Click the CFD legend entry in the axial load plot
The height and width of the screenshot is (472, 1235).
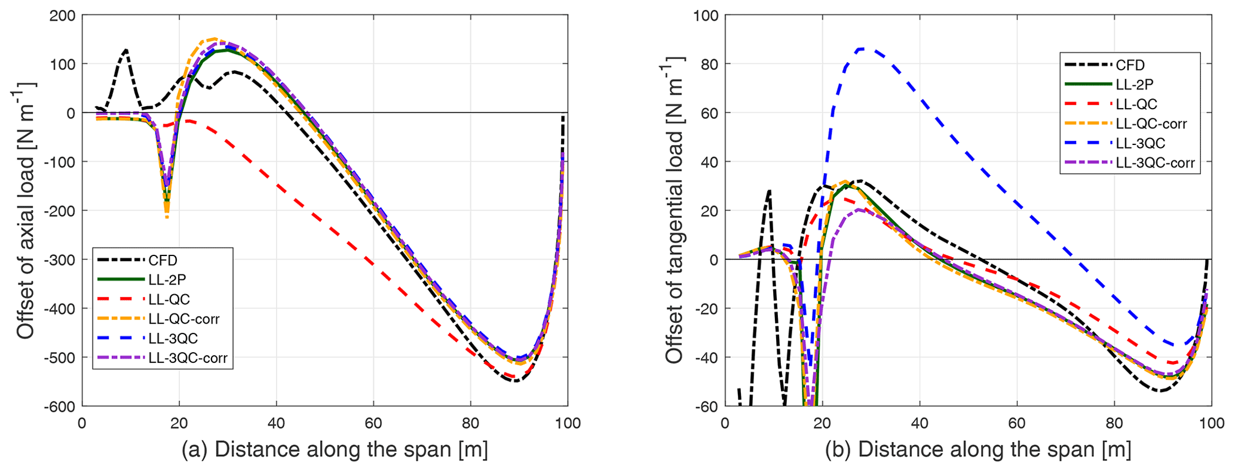pos(163,260)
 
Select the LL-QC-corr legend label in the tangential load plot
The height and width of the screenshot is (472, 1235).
pos(1151,124)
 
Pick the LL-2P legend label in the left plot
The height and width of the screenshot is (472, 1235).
pos(167,279)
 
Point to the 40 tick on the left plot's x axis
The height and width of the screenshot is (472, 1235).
pos(276,422)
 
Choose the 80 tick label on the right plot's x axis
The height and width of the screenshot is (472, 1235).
pos(1114,422)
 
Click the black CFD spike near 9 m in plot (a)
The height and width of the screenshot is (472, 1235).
pos(126,50)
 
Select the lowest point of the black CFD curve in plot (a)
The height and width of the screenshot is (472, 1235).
pos(516,381)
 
